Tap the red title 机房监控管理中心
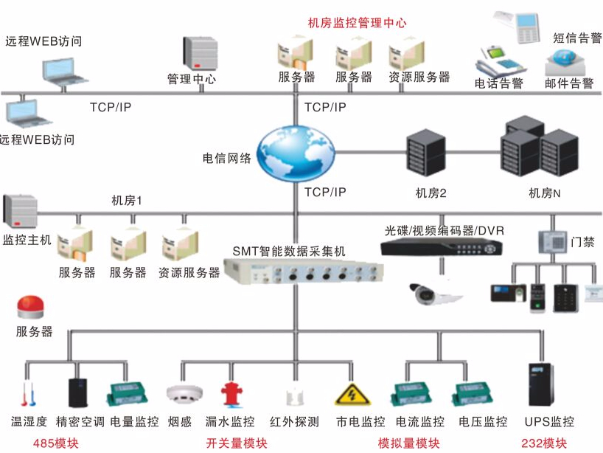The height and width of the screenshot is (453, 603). click(357, 23)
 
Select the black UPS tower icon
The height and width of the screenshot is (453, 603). click(540, 385)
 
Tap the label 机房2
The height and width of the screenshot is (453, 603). click(431, 193)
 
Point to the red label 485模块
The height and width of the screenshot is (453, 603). click(55, 443)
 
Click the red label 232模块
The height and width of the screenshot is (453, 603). click(544, 443)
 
